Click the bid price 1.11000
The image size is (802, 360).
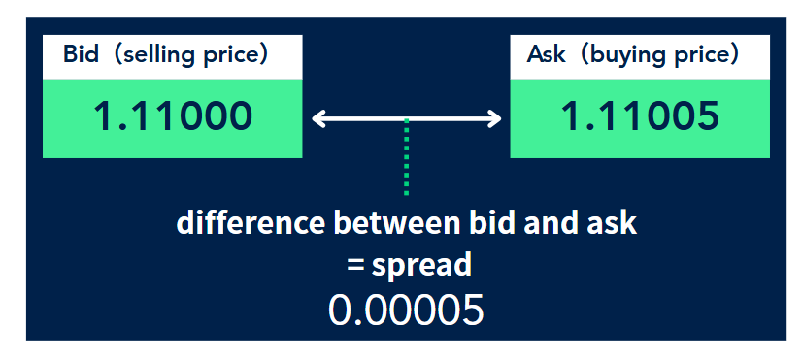click(173, 117)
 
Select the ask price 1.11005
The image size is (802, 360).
click(640, 117)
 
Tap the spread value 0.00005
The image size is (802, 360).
click(406, 310)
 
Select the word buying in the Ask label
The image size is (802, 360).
click(625, 55)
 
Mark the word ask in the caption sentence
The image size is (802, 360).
click(614, 223)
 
